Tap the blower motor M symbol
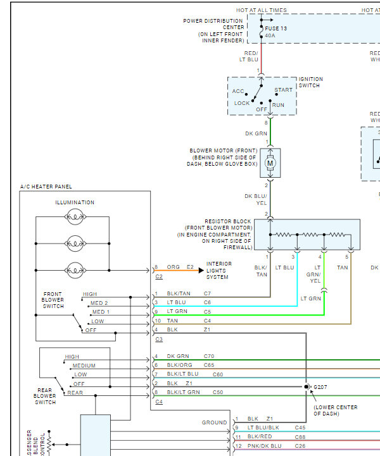tap(270, 163)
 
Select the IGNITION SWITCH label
tap(310, 83)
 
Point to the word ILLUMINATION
tap(75, 202)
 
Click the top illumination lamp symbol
tap(75, 217)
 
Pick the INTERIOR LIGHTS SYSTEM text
tap(219, 271)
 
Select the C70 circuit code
tap(209, 356)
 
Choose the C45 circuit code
tap(300, 428)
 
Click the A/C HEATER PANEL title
tap(46, 187)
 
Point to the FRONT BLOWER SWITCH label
tap(53, 300)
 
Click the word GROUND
tap(214, 422)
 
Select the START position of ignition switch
tap(284, 90)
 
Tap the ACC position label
tap(238, 92)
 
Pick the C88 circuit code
tap(300, 437)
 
